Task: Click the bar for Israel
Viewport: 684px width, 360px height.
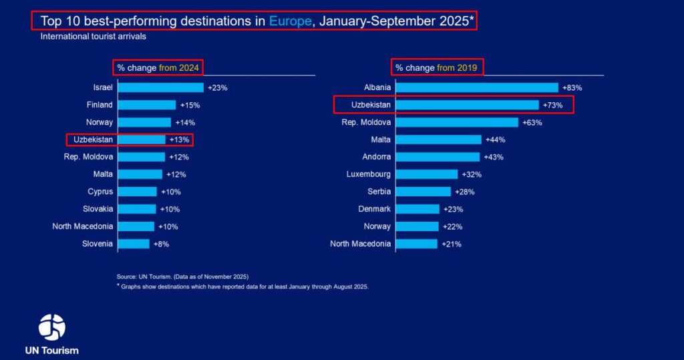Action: coord(161,87)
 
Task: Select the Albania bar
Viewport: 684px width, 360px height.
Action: coord(477,87)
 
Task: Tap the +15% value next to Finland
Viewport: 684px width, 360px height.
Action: coord(190,105)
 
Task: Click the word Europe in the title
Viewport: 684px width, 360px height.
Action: coord(291,21)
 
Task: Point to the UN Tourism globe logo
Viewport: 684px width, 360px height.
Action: coord(52,327)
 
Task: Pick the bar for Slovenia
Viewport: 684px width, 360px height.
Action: coord(134,244)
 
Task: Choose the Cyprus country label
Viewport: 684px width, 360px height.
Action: coord(100,192)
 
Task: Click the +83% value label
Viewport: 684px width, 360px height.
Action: coord(572,87)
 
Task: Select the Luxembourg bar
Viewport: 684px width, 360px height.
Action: coord(427,174)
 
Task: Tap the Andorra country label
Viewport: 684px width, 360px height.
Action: coord(375,157)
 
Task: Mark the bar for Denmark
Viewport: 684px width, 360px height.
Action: coord(417,209)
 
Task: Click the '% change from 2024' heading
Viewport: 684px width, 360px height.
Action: coord(158,67)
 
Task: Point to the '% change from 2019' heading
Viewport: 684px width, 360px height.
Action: coord(438,67)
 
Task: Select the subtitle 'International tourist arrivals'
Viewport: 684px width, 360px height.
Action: coord(93,37)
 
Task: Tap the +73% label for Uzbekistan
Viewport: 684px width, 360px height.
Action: coord(553,105)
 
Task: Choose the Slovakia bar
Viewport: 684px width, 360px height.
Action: coord(137,209)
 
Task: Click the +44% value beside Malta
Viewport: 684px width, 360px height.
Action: coord(495,140)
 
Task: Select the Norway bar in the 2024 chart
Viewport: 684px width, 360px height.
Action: coord(144,122)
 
